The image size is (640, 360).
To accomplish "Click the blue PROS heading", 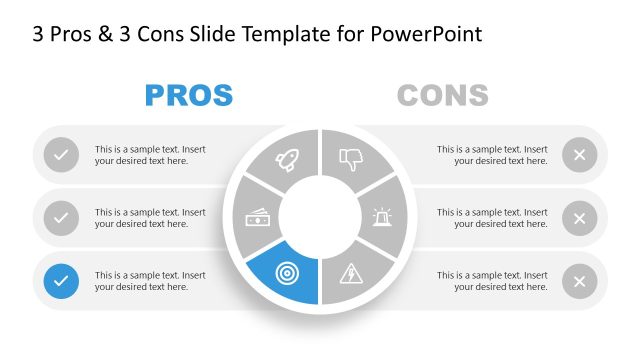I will (x=189, y=96).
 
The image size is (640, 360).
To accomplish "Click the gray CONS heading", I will (x=442, y=96).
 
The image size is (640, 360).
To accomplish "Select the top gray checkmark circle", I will (x=62, y=155).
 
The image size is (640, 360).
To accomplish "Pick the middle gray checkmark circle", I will (x=62, y=217).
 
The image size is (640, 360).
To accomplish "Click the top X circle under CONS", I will (x=579, y=155).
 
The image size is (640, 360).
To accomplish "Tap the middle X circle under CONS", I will (x=579, y=218).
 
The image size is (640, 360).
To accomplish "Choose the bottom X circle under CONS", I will (x=579, y=281).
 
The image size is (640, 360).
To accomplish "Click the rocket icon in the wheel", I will (x=287, y=158).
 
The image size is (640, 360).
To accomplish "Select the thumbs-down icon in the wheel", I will (x=350, y=157).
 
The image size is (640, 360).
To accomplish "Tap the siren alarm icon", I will (x=384, y=215).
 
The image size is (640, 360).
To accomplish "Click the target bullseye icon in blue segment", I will (x=288, y=272).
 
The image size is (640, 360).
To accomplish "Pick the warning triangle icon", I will (x=352, y=272).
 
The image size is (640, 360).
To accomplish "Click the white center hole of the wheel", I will (x=319, y=215).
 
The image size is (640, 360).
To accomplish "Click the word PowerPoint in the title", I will (x=427, y=35).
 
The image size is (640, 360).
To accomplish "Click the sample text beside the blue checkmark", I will (x=150, y=281).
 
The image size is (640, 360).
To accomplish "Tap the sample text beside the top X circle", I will (x=492, y=155).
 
